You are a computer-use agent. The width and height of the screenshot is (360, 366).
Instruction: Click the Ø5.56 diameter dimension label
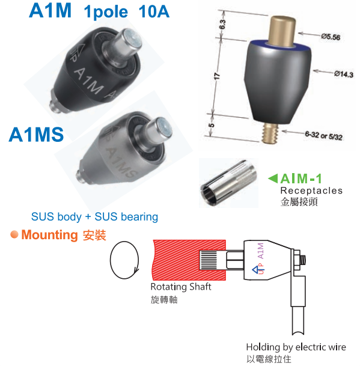pyautogui.click(x=331, y=37)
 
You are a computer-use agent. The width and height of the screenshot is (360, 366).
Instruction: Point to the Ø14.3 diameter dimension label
pyautogui.click(x=343, y=74)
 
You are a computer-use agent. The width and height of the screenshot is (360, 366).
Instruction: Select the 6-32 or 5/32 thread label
pyautogui.click(x=323, y=136)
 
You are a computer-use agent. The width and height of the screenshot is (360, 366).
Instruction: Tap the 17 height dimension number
pyautogui.click(x=217, y=76)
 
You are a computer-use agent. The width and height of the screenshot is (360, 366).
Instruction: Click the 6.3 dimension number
pyautogui.click(x=222, y=25)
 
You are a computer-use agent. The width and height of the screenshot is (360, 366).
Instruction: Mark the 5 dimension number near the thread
pyautogui.click(x=211, y=125)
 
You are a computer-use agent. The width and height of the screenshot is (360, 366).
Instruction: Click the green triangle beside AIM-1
pyautogui.click(x=273, y=178)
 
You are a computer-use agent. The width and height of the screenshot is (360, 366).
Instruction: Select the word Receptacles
pyautogui.click(x=311, y=191)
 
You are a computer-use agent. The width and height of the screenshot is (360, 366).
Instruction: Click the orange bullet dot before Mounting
pyautogui.click(x=14, y=234)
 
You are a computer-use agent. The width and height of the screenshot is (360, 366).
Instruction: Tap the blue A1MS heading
pyautogui.click(x=36, y=135)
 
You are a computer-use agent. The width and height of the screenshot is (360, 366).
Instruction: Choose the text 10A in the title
pyautogui.click(x=154, y=11)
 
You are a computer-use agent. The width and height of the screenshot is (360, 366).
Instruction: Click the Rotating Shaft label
pyautogui.click(x=181, y=287)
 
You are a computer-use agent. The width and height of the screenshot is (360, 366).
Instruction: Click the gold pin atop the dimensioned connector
pyautogui.click(x=282, y=31)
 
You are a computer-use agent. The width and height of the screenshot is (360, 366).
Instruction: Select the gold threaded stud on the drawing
pyautogui.click(x=270, y=133)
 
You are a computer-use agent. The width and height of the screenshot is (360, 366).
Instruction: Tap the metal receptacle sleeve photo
pyautogui.click(x=228, y=183)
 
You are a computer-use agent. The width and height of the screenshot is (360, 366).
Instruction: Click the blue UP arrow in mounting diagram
pyautogui.click(x=255, y=270)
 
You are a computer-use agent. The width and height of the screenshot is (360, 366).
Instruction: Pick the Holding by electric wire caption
pyautogui.click(x=296, y=347)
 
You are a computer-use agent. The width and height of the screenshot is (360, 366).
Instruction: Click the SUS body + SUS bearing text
pyautogui.click(x=94, y=216)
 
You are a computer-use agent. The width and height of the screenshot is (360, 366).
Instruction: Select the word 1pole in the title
pyautogui.click(x=106, y=12)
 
